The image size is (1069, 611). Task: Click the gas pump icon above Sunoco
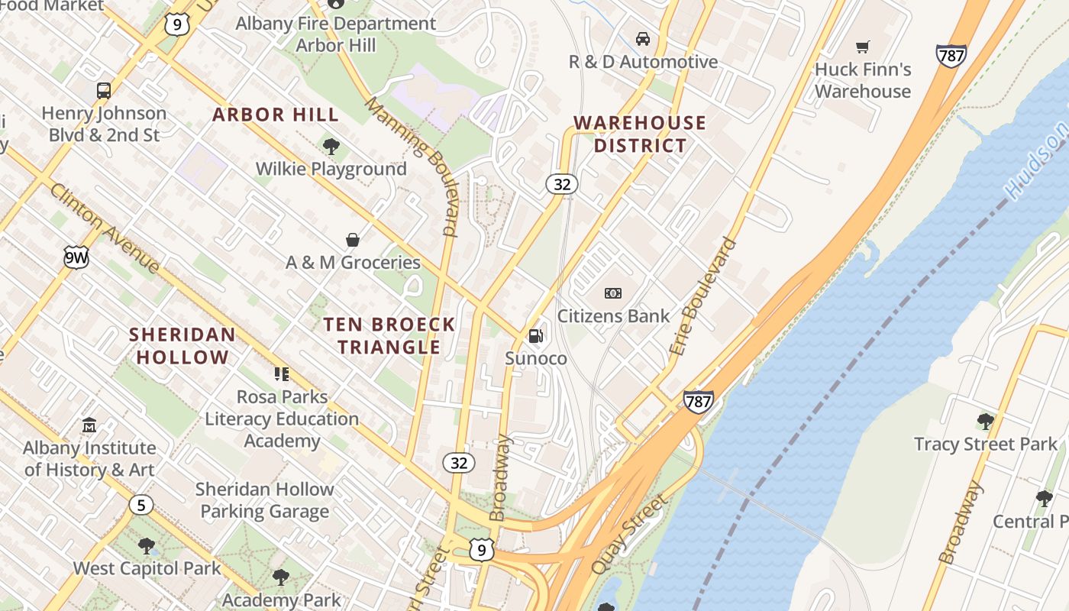coord(536,335)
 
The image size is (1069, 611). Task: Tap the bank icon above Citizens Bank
coord(612,293)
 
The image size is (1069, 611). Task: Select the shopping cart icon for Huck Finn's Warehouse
coord(863,47)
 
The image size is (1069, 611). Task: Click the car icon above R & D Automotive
coord(643,39)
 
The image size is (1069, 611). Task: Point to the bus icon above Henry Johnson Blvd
coord(104,91)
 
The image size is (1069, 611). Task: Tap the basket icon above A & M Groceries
coord(353,240)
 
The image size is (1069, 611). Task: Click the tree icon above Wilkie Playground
coord(331,147)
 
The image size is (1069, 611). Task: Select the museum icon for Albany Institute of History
coord(89,425)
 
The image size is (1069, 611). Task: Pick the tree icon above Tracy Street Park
coord(985,421)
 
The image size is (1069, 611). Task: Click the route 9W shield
coord(76,258)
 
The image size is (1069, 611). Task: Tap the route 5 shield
coord(140,505)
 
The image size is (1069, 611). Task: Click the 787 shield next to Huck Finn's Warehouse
coord(951,56)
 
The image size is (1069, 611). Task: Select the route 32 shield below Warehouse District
coord(562,184)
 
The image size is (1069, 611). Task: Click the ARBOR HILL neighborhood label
coord(276,115)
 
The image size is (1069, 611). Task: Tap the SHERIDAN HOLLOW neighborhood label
coord(182,346)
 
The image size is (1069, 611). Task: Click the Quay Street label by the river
coord(629,534)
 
